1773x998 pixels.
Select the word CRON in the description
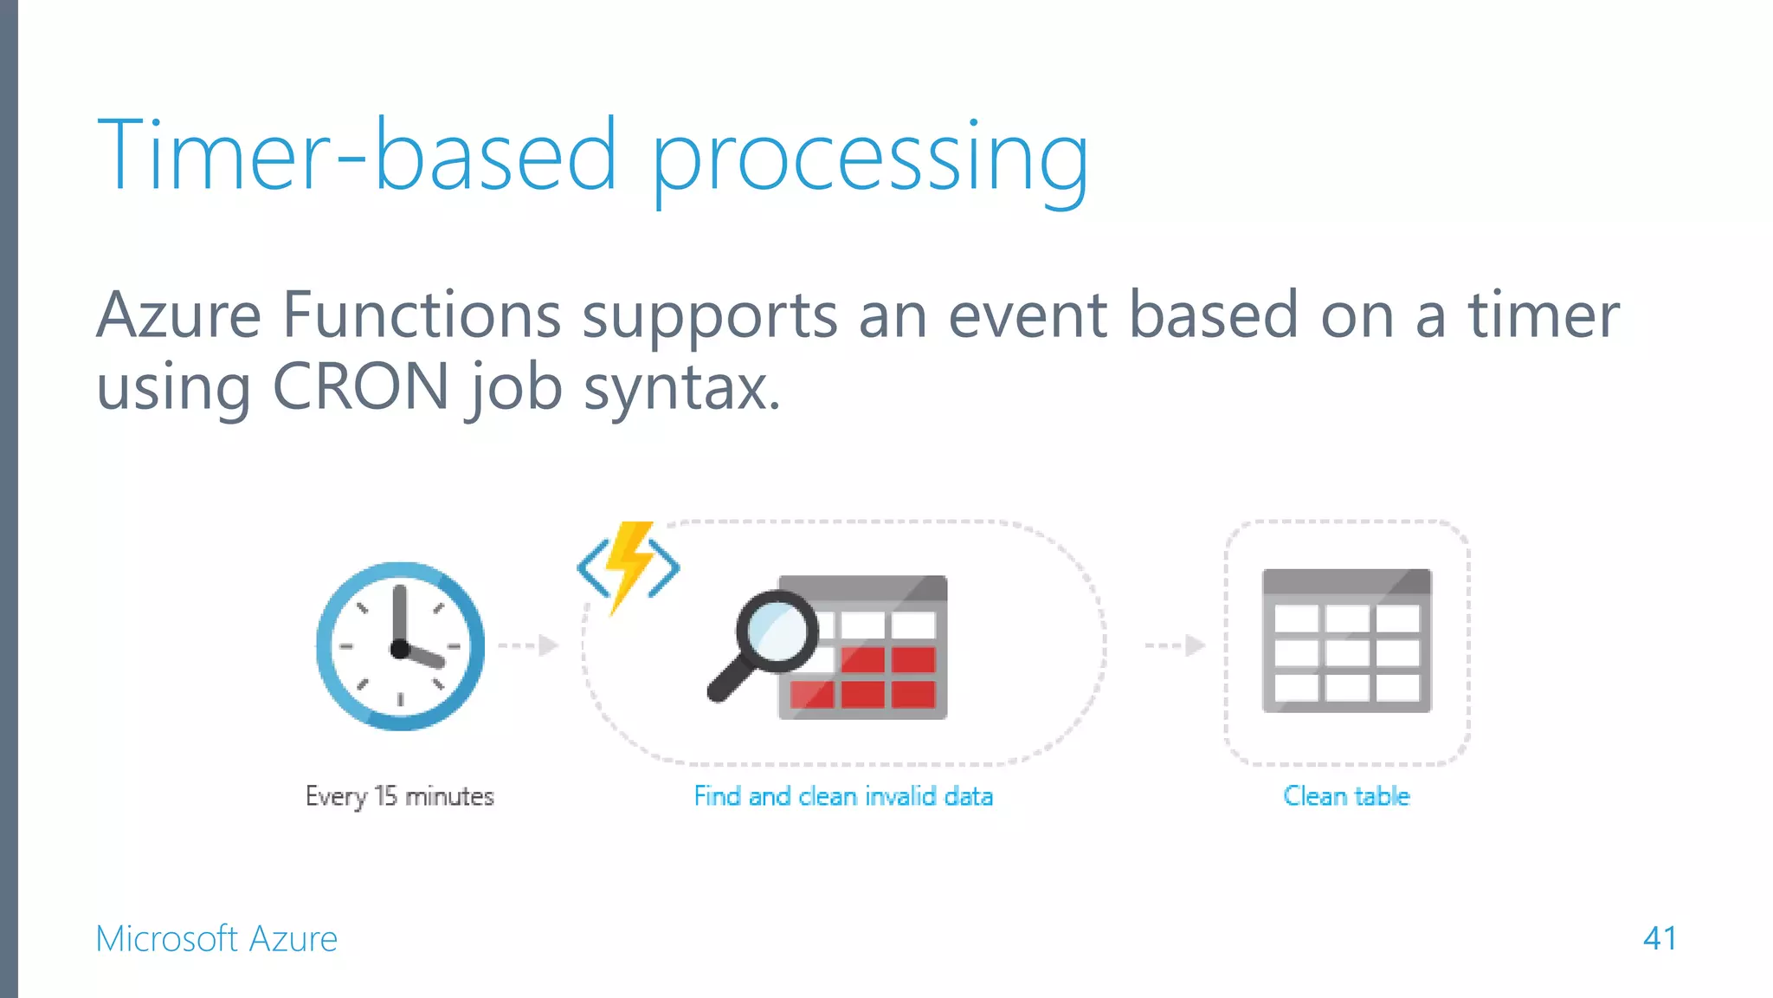coord(360,386)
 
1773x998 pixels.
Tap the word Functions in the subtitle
coord(422,314)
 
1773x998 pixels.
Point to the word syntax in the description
coord(681,389)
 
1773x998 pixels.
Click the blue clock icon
coord(400,645)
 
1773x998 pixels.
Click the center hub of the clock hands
coord(400,648)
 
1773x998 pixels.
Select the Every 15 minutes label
coord(399,796)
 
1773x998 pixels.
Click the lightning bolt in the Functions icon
coord(629,563)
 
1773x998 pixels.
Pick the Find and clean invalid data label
coord(843,796)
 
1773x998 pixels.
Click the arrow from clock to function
coord(529,645)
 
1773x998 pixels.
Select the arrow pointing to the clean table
coord(1175,645)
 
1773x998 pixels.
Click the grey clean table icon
coord(1346,641)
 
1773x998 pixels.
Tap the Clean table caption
coord(1346,796)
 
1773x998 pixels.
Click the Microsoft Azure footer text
coord(216,938)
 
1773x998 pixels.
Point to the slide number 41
coord(1660,938)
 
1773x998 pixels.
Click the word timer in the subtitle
coord(1543,314)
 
